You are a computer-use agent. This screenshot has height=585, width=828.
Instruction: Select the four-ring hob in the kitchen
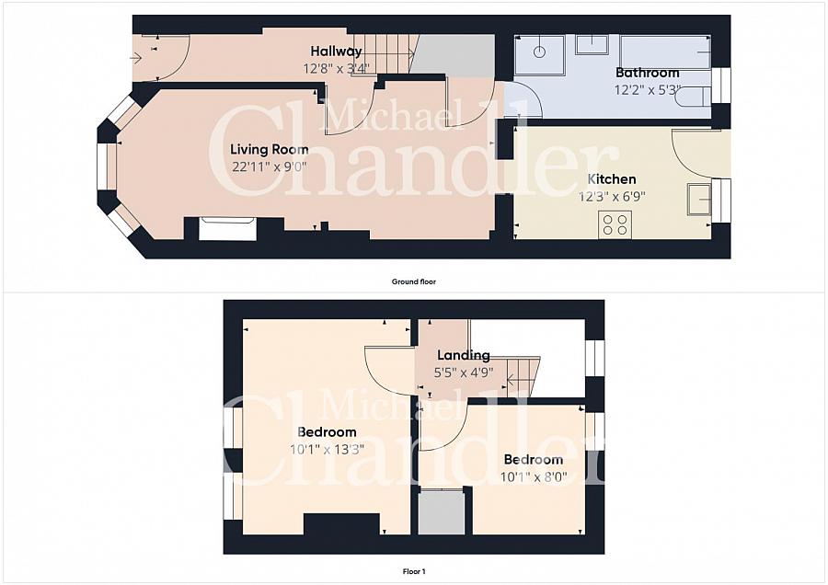click(615, 224)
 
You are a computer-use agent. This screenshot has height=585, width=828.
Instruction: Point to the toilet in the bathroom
click(695, 97)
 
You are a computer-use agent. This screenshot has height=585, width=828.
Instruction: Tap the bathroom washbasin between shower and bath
click(592, 44)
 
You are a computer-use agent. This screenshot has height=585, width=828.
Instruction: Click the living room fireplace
click(227, 228)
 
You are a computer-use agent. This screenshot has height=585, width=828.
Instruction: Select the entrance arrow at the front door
click(135, 58)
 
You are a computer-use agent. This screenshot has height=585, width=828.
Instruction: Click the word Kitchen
click(612, 178)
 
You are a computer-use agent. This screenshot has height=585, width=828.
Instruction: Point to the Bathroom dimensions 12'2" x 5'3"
click(647, 89)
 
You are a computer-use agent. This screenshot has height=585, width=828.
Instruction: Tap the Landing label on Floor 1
click(463, 355)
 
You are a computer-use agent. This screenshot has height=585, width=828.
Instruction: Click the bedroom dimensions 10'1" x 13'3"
click(327, 449)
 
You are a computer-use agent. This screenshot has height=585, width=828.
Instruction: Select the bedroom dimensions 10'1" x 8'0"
click(533, 476)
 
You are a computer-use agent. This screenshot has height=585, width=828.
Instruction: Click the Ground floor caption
click(413, 281)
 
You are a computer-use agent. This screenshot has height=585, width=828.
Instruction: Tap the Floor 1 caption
click(413, 571)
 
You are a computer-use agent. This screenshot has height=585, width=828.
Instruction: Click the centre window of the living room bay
click(103, 171)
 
